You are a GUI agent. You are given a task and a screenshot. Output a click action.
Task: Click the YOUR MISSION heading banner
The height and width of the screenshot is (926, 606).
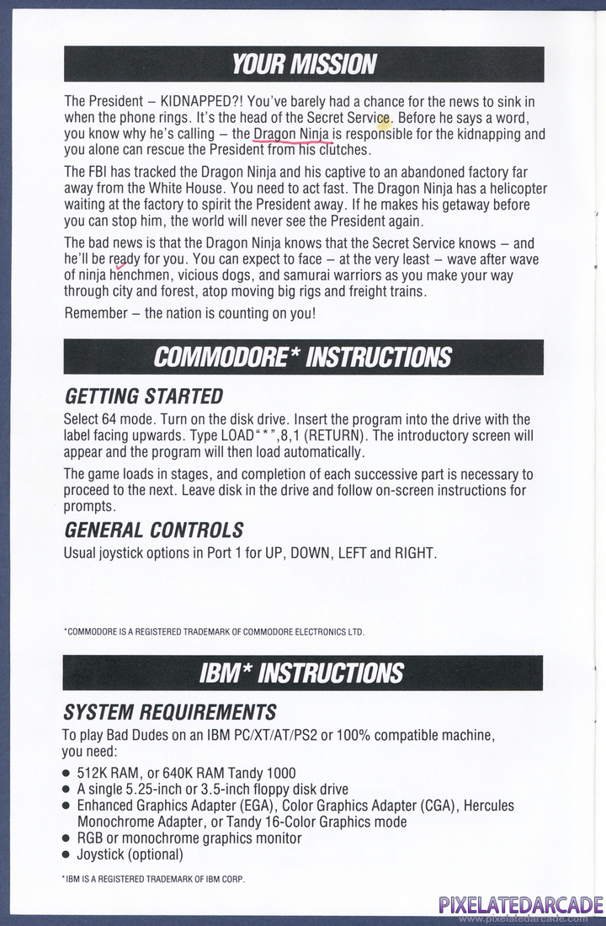click(304, 64)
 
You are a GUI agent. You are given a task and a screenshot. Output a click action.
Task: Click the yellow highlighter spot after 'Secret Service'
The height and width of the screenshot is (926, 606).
click(384, 123)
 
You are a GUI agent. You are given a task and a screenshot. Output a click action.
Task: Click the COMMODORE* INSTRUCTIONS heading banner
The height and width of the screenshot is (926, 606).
click(304, 357)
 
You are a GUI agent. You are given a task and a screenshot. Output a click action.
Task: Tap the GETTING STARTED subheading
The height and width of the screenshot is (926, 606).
click(144, 396)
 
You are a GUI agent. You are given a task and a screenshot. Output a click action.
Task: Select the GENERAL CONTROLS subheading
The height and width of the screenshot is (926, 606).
click(154, 530)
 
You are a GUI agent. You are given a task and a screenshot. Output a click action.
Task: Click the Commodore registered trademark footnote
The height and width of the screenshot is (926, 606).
click(214, 631)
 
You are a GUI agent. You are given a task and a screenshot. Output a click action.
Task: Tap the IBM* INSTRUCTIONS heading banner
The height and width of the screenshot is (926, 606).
click(304, 673)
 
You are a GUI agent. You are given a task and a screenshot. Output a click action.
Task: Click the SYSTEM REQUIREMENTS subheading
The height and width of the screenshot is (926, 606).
click(170, 713)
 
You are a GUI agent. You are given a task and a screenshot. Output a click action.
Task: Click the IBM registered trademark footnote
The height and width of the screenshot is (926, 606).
click(153, 880)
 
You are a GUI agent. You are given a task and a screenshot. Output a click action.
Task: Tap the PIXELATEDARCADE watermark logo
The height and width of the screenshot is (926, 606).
click(520, 906)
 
